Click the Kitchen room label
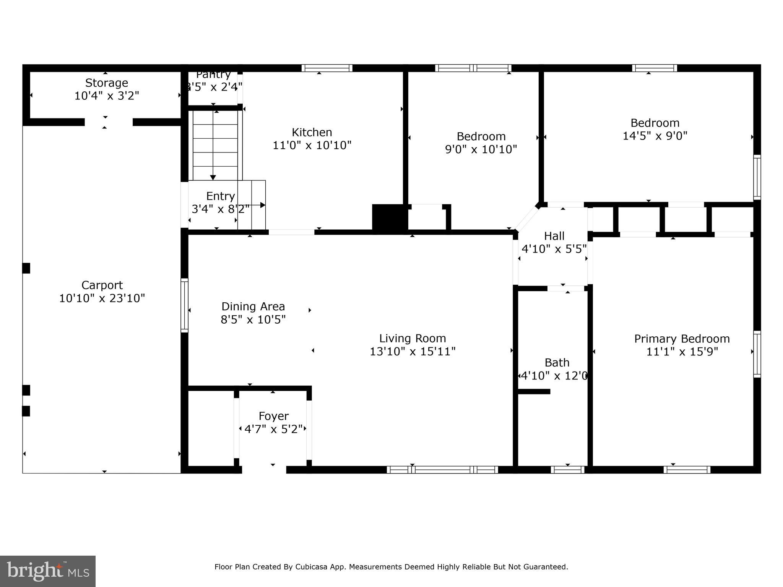coord(312,132)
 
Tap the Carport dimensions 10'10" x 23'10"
coord(102,298)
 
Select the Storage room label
coord(106,83)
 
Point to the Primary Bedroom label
coord(682,339)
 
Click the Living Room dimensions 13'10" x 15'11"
coord(412,351)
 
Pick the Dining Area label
coord(253,306)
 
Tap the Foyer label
coord(273,416)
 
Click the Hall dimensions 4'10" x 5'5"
coord(554,249)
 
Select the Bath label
coord(557,362)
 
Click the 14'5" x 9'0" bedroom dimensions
coord(655,136)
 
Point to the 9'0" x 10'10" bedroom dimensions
coord(481,149)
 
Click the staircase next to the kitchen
coord(215,145)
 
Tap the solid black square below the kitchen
coord(388,218)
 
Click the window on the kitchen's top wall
coord(327,68)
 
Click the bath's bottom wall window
coord(567,470)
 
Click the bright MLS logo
coord(48,571)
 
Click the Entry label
coord(220,196)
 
